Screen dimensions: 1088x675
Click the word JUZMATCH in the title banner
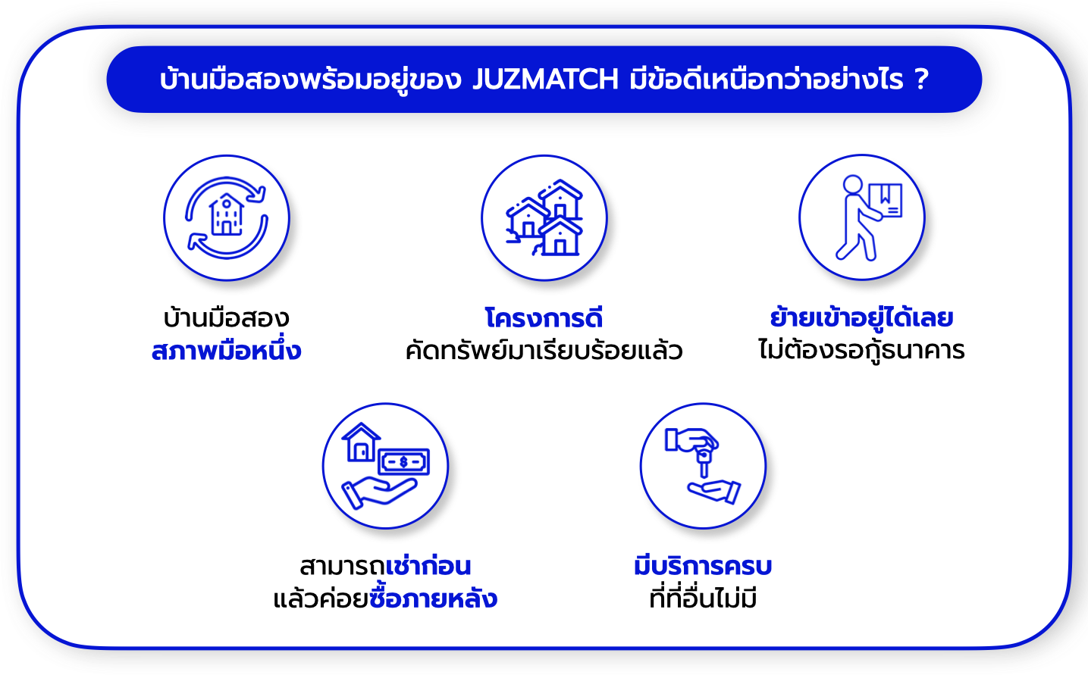(x=545, y=79)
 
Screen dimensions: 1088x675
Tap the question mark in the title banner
(x=921, y=79)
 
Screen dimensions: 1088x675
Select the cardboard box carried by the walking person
(x=885, y=200)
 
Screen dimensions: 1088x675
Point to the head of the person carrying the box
(x=853, y=184)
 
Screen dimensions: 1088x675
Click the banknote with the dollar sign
(x=403, y=461)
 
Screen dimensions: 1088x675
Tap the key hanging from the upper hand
(x=704, y=462)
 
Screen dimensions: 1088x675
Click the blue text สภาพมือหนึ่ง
(x=227, y=351)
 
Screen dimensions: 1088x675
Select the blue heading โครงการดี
(x=544, y=318)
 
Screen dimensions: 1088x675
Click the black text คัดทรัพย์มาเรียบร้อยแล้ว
(x=544, y=350)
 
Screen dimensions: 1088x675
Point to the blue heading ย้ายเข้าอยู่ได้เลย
(x=861, y=318)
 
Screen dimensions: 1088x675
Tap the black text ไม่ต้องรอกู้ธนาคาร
(x=861, y=349)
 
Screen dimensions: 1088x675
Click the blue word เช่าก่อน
(x=428, y=566)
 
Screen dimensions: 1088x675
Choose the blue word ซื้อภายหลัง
(x=433, y=598)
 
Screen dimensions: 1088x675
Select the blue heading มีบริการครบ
(x=703, y=566)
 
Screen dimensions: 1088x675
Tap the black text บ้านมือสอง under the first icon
(x=227, y=318)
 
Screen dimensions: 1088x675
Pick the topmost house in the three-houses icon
(x=560, y=199)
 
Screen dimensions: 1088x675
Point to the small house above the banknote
(x=361, y=442)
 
